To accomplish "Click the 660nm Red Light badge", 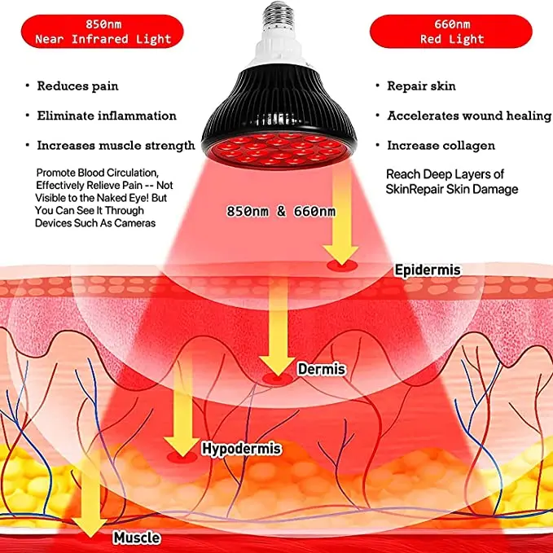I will (450, 30).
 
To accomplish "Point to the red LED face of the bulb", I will (277, 139).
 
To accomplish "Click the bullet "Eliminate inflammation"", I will (106, 116).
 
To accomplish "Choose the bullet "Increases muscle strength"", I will (116, 146).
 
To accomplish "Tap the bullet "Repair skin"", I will (420, 86).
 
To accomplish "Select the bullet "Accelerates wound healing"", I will (468, 116).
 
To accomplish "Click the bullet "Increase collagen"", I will (440, 146).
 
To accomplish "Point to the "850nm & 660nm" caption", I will (281, 212).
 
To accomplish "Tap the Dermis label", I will (322, 370).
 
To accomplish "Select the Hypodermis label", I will (241, 449).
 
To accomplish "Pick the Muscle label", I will (137, 538).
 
